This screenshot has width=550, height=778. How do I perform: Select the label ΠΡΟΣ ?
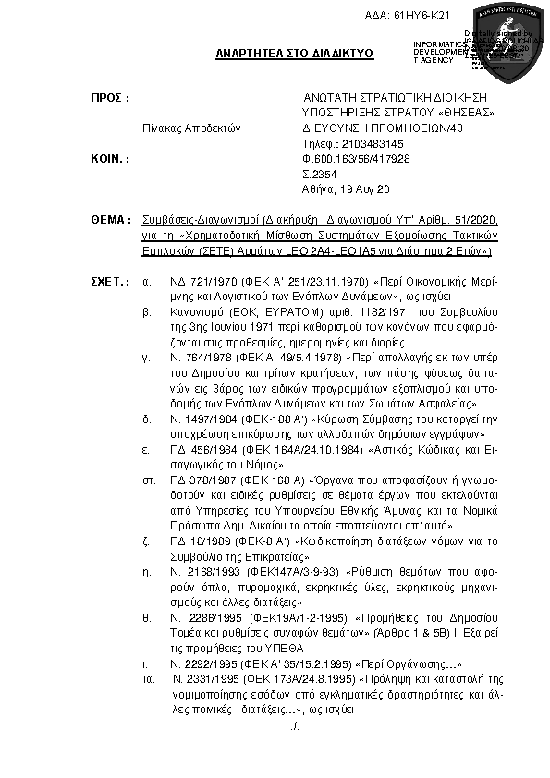coord(108,97)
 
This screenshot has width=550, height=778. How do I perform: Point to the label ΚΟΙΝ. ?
coord(109,159)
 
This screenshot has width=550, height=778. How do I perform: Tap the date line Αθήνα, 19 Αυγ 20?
coord(340,188)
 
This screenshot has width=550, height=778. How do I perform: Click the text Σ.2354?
coord(319,174)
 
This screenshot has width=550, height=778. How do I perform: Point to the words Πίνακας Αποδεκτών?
coord(191,128)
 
